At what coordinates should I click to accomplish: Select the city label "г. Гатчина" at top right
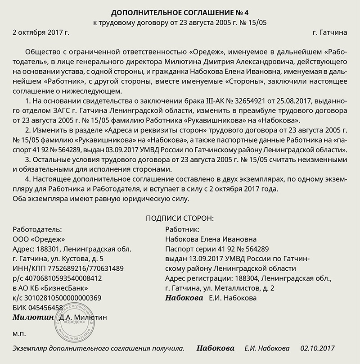click(329, 32)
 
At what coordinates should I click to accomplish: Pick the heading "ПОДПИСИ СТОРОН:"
click(180, 218)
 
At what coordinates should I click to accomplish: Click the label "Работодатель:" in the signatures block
click(38, 229)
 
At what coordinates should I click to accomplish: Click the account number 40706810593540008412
click(63, 278)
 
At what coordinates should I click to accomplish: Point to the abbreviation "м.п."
click(19, 334)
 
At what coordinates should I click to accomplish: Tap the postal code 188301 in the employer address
click(48, 249)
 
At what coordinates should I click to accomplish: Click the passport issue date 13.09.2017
click(203, 259)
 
